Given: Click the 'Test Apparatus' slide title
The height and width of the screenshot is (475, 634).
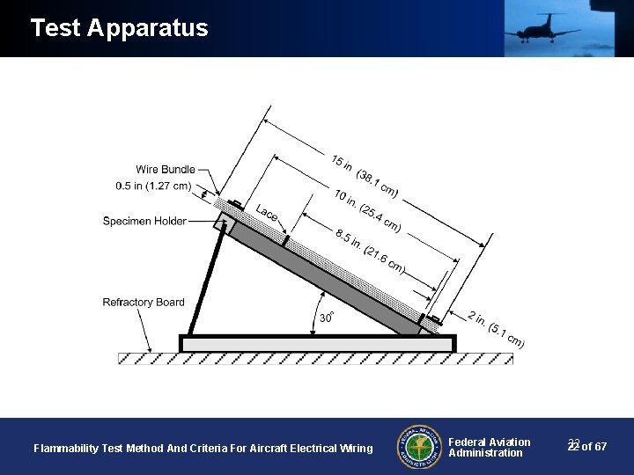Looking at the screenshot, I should [119, 28].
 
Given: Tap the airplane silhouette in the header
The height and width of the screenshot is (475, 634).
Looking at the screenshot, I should [541, 28].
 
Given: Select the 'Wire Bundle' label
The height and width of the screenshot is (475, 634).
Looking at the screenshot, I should [166, 169].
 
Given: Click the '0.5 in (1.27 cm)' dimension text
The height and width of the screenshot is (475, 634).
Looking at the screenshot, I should [152, 186].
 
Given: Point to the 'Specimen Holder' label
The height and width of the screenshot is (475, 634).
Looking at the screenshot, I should [144, 221].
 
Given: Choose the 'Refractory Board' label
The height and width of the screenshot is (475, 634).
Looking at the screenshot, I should [144, 303].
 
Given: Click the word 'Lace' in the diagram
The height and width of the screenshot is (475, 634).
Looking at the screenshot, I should [267, 214].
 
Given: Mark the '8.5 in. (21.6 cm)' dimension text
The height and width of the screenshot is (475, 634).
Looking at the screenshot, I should [370, 251].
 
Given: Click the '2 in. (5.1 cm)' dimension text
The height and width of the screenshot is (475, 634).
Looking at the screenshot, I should [496, 329].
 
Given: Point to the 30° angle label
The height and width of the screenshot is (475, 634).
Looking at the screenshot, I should [326, 317].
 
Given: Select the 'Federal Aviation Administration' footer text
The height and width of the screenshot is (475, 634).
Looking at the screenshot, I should [489, 448].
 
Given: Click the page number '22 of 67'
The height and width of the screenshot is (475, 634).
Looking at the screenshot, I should [587, 447].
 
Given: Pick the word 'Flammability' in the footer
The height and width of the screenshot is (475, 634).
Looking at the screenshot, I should [65, 449].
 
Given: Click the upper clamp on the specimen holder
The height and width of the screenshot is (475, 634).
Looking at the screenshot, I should [236, 206].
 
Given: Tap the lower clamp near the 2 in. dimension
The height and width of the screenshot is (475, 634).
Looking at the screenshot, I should [434, 318].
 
